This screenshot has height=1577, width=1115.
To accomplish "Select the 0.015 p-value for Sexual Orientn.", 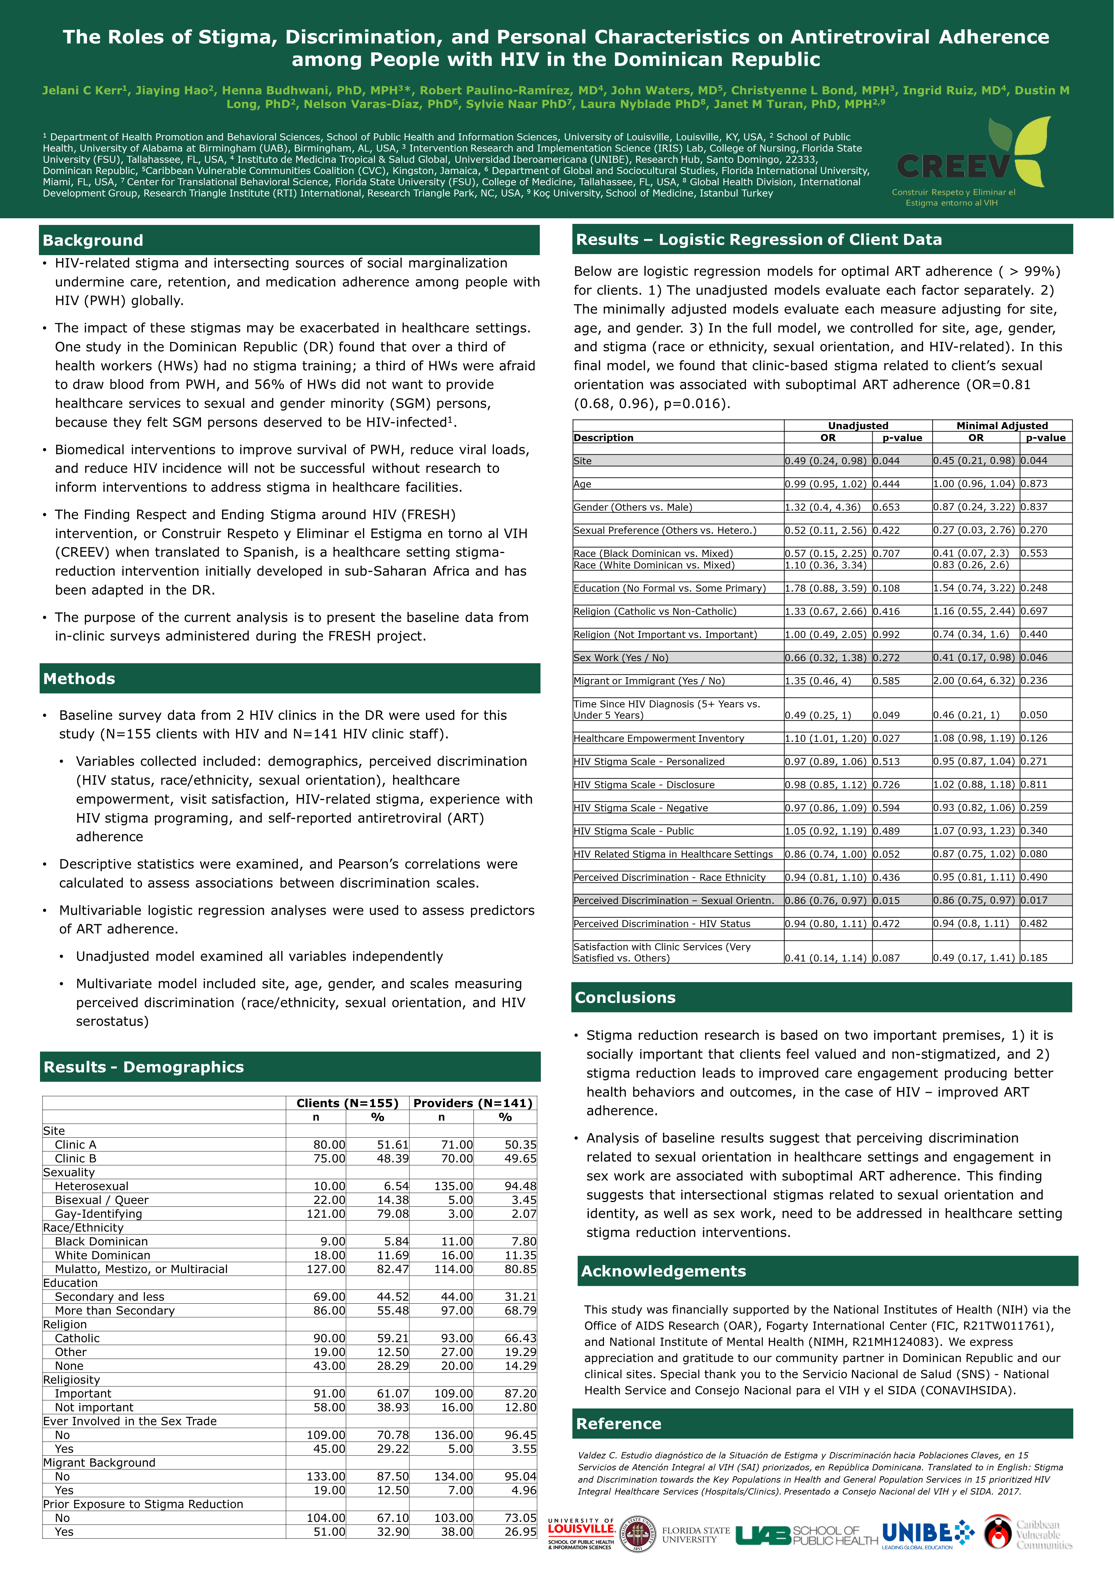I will point(886,900).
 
